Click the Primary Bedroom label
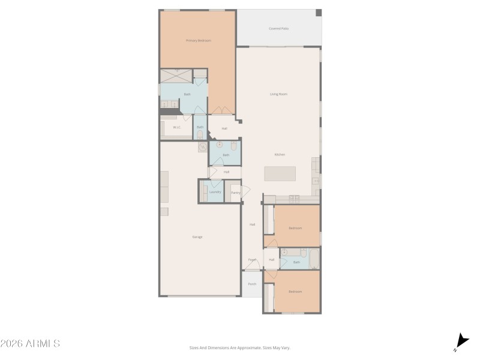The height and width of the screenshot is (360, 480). pyautogui.click(x=198, y=40)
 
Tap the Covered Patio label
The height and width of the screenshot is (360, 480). pyautogui.click(x=278, y=28)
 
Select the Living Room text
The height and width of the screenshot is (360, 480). pyautogui.click(x=278, y=94)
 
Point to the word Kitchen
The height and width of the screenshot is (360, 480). pyautogui.click(x=280, y=155)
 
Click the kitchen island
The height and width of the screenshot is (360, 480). pyautogui.click(x=280, y=174)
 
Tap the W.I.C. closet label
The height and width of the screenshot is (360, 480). pyautogui.click(x=177, y=127)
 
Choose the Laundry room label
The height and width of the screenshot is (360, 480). pyautogui.click(x=215, y=192)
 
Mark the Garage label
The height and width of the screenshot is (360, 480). pyautogui.click(x=197, y=237)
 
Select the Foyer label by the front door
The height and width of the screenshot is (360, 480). pyautogui.click(x=252, y=260)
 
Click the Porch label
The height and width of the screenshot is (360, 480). pyautogui.click(x=252, y=284)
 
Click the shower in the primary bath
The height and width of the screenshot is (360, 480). pyautogui.click(x=176, y=76)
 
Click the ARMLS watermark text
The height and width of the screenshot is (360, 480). pyautogui.click(x=30, y=344)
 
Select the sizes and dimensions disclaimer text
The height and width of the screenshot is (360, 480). pyautogui.click(x=239, y=347)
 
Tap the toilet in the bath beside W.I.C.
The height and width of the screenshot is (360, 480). pyautogui.click(x=200, y=134)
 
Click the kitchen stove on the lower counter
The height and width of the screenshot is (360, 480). pyautogui.click(x=294, y=199)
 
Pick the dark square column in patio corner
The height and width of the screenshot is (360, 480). pyautogui.click(x=319, y=13)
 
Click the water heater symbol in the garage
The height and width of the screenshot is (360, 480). pyautogui.click(x=203, y=147)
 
